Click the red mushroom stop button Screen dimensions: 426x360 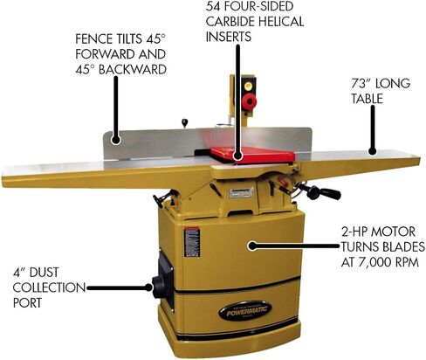pos(249,101)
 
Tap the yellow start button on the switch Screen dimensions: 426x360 pos(249,86)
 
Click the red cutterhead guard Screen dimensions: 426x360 pos(252,155)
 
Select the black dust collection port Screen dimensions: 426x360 pos(159,287)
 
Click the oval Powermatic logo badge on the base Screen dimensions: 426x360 pos(245,311)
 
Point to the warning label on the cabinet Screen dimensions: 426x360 pos(191,241)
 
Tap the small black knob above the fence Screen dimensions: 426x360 pos(184,122)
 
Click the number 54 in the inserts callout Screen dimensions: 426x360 pos(213,6)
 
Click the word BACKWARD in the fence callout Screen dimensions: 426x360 pos(133,70)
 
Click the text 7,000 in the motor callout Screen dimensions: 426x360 pos(374,262)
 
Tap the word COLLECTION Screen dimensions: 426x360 pos(49,287)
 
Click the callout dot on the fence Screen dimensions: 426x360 pos(116,140)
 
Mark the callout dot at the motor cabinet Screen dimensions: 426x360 pos(252,246)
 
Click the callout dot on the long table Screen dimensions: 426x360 pos(372,151)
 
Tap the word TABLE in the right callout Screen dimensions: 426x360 pos(367,99)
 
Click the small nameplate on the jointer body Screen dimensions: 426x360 pos(241,192)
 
